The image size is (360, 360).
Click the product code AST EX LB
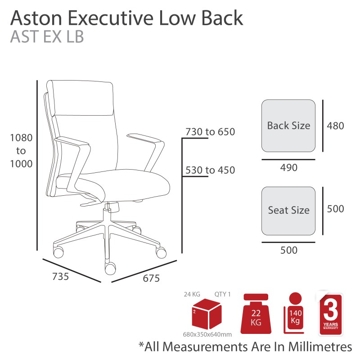pyautogui.click(x=47, y=37)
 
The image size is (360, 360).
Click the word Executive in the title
pyautogui.click(x=111, y=18)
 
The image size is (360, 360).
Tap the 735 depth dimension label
pyautogui.click(x=61, y=276)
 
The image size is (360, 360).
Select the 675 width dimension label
pyautogui.click(x=151, y=278)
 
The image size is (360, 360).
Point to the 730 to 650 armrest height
pyautogui.click(x=210, y=132)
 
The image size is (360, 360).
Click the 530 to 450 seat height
pyautogui.click(x=210, y=170)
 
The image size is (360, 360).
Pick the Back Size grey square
pyautogui.click(x=288, y=126)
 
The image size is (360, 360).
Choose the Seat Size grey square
pyautogui.click(x=288, y=211)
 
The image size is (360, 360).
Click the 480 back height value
pyautogui.click(x=335, y=126)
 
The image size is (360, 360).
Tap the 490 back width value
pyautogui.click(x=288, y=167)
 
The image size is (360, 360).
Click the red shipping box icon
pyautogui.click(x=207, y=314)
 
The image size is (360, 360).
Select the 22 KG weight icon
pyautogui.click(x=256, y=314)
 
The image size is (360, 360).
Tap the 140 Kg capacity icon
pyautogui.click(x=294, y=313)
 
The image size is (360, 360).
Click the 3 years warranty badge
pyautogui.click(x=331, y=314)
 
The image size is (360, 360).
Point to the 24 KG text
pyautogui.click(x=192, y=294)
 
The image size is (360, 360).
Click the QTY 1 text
pyautogui.click(x=222, y=294)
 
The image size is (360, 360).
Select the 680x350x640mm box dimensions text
pyautogui.click(x=207, y=334)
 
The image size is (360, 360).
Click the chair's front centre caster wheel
pyautogui.click(x=110, y=269)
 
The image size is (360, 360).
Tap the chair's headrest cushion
pyautogui.click(x=80, y=98)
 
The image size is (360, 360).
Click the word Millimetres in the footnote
pyautogui.click(x=320, y=346)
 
